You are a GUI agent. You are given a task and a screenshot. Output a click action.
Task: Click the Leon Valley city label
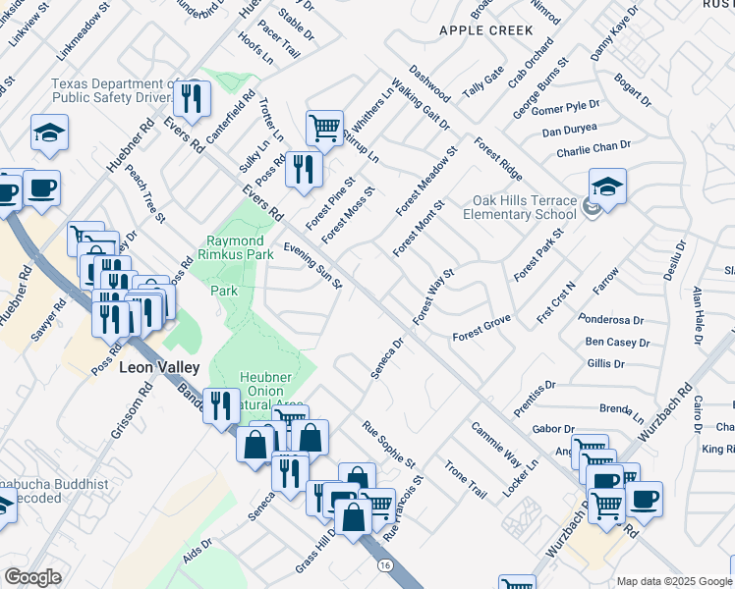point(159,367)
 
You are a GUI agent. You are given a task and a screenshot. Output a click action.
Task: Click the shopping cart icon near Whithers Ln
point(324,128)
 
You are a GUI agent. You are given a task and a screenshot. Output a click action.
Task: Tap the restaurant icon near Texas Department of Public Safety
point(191,98)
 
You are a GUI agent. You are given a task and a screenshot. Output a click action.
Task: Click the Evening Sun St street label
point(312,266)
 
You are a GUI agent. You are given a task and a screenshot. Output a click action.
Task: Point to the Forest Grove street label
point(481,337)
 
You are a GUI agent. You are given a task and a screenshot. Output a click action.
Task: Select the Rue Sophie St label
point(389,444)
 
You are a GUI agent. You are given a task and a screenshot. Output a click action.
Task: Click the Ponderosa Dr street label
point(610,320)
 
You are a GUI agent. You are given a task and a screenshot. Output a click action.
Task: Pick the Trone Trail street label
point(465,479)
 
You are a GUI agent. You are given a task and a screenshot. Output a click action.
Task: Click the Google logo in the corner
point(32,577)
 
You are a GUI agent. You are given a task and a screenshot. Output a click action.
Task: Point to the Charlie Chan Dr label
point(593,148)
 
